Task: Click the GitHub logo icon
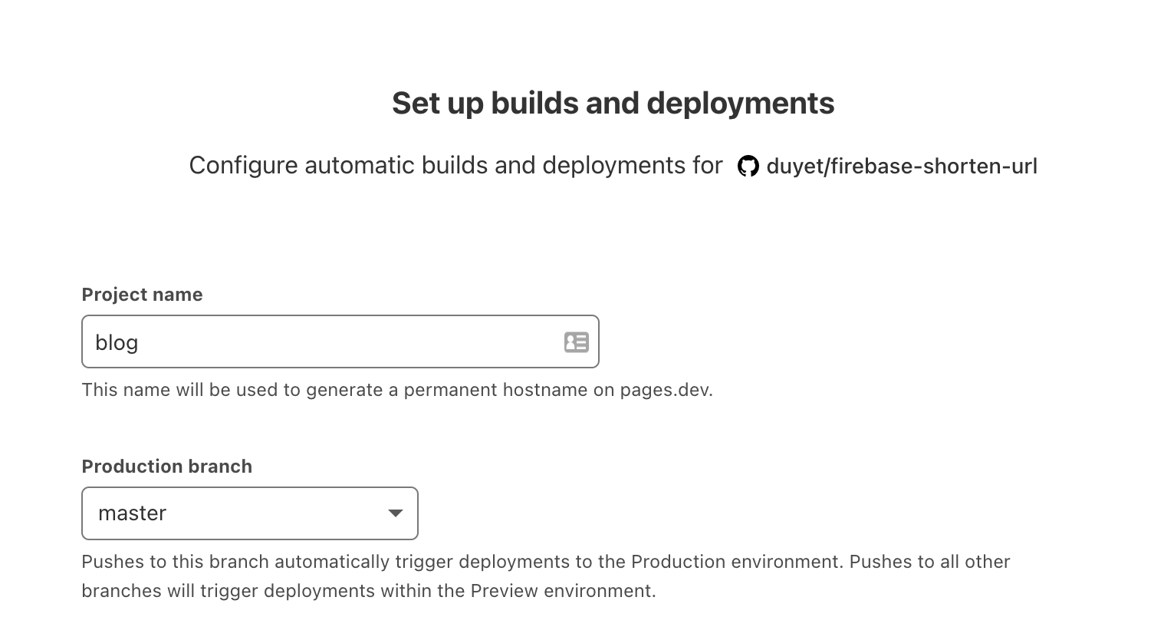point(748,167)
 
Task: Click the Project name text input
point(340,341)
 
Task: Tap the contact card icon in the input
point(577,342)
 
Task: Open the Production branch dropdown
point(250,513)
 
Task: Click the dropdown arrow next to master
point(396,513)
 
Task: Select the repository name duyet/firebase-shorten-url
point(902,167)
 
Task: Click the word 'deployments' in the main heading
point(741,103)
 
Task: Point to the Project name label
point(142,294)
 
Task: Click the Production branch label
point(167,467)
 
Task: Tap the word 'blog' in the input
point(117,343)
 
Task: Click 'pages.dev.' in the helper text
point(666,390)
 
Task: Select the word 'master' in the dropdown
point(132,513)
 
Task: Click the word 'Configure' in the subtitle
point(243,166)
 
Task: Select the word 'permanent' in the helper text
point(450,391)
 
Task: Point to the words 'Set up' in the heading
point(438,104)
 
